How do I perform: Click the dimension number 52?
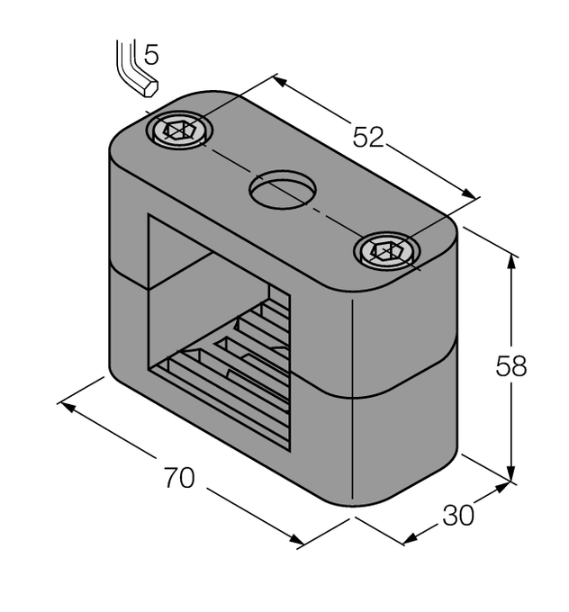pos(368,137)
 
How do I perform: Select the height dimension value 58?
pos(511,366)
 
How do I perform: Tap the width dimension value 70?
pos(179,478)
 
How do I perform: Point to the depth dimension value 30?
pos(457,516)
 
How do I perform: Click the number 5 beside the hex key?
pos(151,56)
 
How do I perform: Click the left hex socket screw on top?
pos(180,131)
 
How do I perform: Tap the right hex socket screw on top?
pos(388,250)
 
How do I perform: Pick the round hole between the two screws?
pos(283,190)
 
